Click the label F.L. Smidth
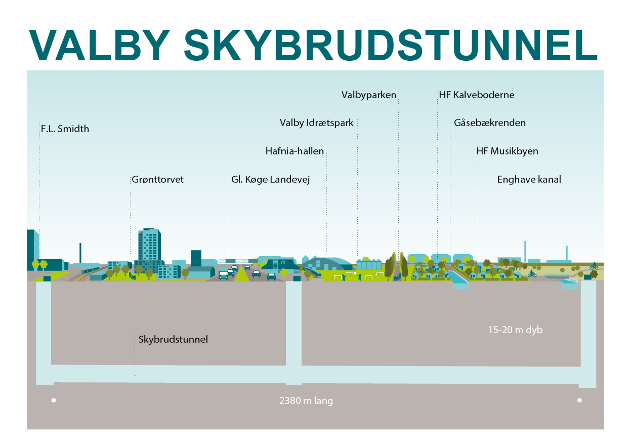click(65, 129)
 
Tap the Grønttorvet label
click(157, 180)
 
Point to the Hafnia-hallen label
click(295, 151)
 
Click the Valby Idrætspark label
click(316, 123)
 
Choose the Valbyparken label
click(368, 95)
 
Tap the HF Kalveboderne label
click(476, 95)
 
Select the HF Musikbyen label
click(507, 151)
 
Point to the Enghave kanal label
click(529, 180)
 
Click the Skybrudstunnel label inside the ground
click(173, 339)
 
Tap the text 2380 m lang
click(306, 401)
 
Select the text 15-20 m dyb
click(515, 330)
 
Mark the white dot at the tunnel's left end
click(54, 400)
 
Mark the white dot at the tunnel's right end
click(579, 400)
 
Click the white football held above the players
click(356, 273)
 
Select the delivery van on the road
click(223, 275)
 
